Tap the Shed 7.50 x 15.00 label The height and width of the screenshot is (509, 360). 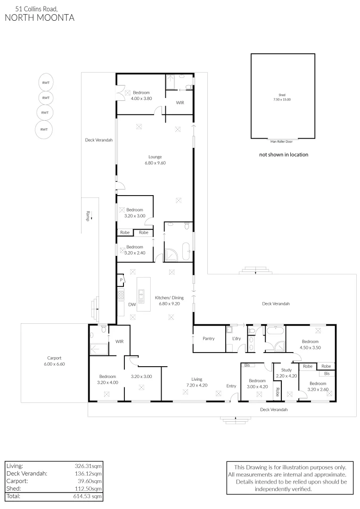pos(282,97)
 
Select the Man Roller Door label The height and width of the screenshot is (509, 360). pos(282,141)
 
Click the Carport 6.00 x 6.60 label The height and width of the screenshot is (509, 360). pos(54,361)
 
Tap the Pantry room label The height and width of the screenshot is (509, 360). pos(209,338)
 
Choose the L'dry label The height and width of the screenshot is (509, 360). pos(236,338)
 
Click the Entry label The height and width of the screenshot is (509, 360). pos(231,386)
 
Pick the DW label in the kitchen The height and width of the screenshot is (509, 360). pos(132,304)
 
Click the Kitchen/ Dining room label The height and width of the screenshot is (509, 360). pos(169,301)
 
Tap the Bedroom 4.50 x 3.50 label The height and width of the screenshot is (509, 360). pos(311,344)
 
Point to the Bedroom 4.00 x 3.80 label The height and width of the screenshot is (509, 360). pos(141,96)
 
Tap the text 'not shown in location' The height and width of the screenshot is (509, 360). pos(284,155)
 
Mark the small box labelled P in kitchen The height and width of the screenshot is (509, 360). pos(121,280)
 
